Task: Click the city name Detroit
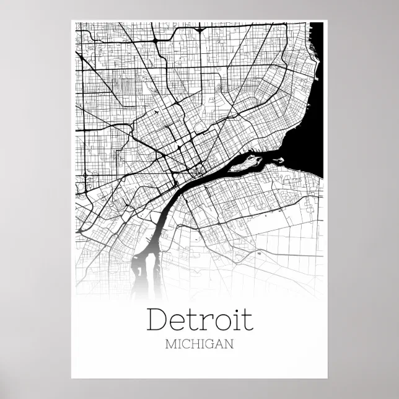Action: click(200, 320)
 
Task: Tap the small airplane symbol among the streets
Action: click(156, 112)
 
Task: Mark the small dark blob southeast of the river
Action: click(258, 253)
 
